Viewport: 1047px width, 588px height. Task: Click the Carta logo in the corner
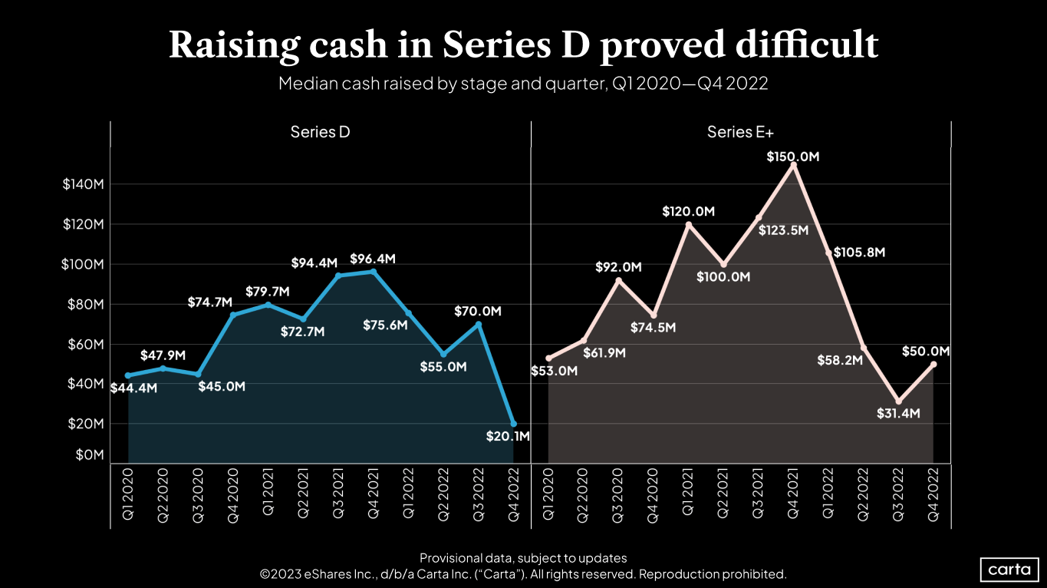(x=1010, y=570)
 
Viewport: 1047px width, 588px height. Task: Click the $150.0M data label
(x=793, y=157)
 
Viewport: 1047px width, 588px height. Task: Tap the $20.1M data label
(x=508, y=437)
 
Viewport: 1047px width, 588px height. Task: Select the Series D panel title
(x=320, y=132)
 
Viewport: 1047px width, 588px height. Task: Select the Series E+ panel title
(x=740, y=132)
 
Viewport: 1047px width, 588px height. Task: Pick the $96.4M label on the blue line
(x=373, y=259)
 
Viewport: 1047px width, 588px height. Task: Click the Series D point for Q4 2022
(x=513, y=424)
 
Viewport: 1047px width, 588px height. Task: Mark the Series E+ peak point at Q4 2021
(x=794, y=165)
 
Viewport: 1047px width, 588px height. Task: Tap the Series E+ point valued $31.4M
(x=898, y=401)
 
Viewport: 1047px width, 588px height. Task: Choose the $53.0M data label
(x=553, y=372)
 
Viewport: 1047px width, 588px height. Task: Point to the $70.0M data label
(x=479, y=311)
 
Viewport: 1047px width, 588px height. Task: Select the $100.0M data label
(x=723, y=277)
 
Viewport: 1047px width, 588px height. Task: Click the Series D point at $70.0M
(x=479, y=324)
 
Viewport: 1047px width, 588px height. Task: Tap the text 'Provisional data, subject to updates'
(x=523, y=558)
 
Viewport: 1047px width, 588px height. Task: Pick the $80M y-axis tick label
(x=84, y=304)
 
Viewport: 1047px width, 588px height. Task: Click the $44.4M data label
(x=133, y=388)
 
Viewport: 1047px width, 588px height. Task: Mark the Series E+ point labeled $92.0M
(x=618, y=281)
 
